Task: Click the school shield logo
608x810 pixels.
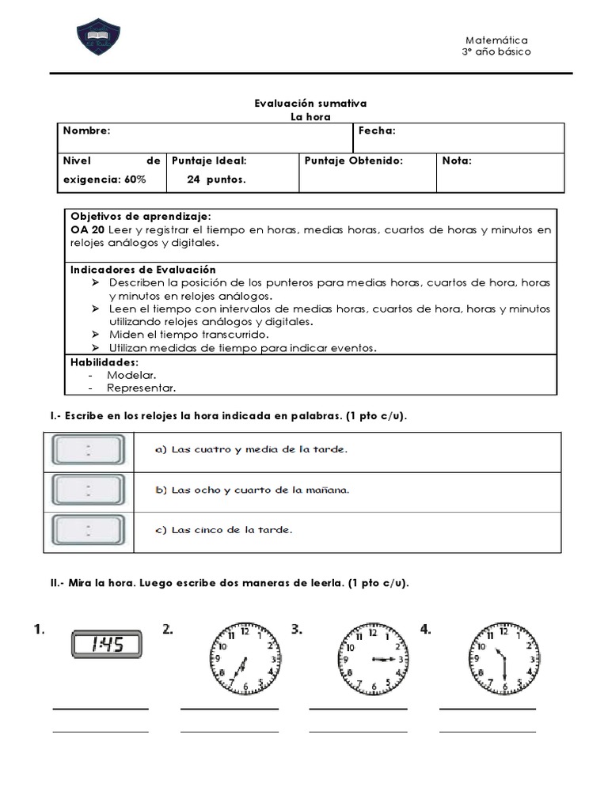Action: click(x=99, y=38)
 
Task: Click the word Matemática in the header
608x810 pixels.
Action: click(x=496, y=40)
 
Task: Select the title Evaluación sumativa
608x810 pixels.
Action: click(x=310, y=103)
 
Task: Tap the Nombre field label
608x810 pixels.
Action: click(x=87, y=131)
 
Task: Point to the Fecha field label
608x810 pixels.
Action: click(x=377, y=131)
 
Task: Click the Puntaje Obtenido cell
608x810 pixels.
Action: click(x=353, y=161)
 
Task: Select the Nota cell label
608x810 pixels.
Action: click(x=457, y=161)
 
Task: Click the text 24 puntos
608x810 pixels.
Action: click(x=216, y=179)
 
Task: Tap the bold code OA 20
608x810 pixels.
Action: click(x=87, y=229)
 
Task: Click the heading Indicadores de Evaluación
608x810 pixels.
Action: click(x=142, y=270)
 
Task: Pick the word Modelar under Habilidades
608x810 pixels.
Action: click(x=131, y=375)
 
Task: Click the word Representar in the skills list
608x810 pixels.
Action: click(x=141, y=388)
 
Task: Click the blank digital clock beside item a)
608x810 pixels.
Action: click(x=88, y=451)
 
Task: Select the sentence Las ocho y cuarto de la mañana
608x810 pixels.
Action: click(x=252, y=490)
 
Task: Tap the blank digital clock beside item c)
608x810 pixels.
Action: click(x=88, y=529)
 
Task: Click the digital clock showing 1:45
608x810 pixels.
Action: click(x=107, y=644)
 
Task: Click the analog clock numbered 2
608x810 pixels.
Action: click(x=245, y=658)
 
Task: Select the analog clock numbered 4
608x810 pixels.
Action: click(x=503, y=658)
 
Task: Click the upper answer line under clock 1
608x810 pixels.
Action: click(x=101, y=709)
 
